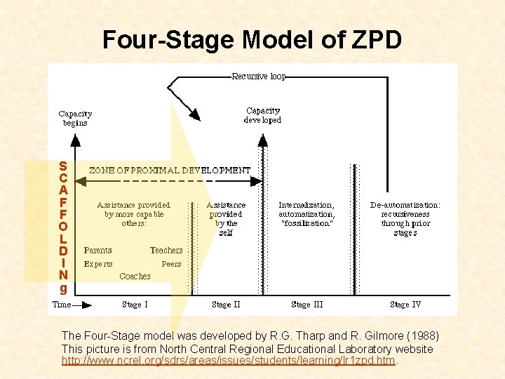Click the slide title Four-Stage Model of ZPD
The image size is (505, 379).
252,40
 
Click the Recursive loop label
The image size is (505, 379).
259,77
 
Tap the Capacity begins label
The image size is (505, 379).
75,118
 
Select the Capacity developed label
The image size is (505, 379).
262,115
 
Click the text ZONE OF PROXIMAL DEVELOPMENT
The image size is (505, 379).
170,170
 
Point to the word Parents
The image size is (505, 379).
97,250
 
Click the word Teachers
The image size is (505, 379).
166,250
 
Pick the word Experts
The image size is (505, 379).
98,264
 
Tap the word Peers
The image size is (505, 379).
171,264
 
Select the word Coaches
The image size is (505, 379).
135,277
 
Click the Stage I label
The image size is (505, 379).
135,305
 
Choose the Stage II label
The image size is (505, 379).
226,305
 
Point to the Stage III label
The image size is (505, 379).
307,305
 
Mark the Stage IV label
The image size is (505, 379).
405,305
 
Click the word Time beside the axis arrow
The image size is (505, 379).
62,305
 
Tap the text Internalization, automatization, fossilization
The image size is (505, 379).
307,214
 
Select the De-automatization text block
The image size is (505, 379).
405,218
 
